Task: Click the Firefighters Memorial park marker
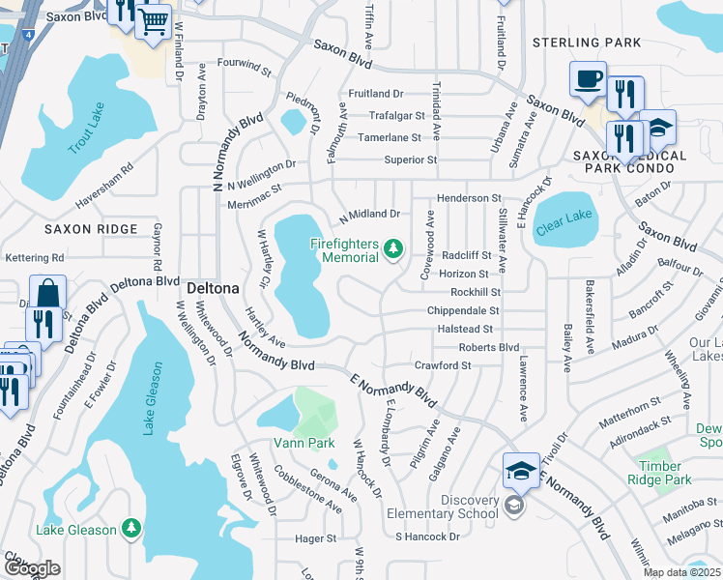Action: click(393, 250)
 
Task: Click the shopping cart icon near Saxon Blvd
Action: click(153, 21)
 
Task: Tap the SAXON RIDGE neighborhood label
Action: click(79, 229)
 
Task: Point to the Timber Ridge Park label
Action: click(658, 473)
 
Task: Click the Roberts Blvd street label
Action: click(489, 347)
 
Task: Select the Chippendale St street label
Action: click(463, 311)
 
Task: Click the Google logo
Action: click(32, 568)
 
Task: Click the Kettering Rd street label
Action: click(34, 258)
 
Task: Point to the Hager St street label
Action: click(316, 538)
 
